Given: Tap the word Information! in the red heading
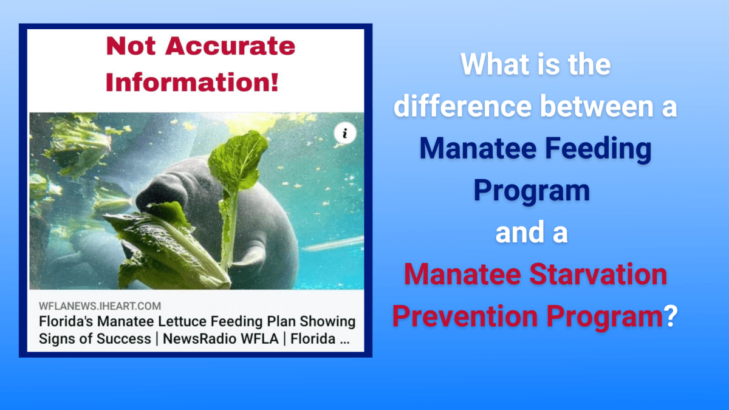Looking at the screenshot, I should click(x=192, y=81).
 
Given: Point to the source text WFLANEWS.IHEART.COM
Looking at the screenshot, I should click(x=100, y=306).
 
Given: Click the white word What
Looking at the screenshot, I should click(x=491, y=65).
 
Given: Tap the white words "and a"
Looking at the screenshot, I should click(x=532, y=233).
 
